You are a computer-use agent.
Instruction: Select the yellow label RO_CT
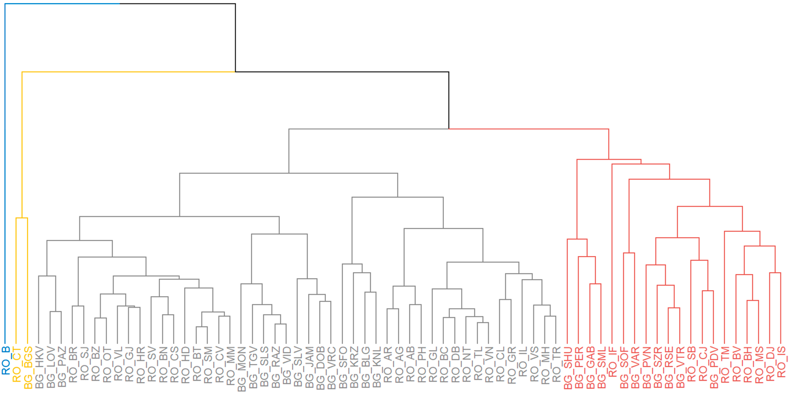pyautogui.click(x=17, y=365)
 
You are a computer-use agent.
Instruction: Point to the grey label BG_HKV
pyautogui.click(x=39, y=368)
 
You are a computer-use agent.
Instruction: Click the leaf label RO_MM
pyautogui.click(x=231, y=366)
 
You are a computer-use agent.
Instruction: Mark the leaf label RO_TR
pyautogui.click(x=557, y=364)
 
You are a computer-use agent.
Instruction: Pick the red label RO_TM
pyautogui.click(x=725, y=365)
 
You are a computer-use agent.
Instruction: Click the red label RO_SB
pyautogui.click(x=692, y=364)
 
